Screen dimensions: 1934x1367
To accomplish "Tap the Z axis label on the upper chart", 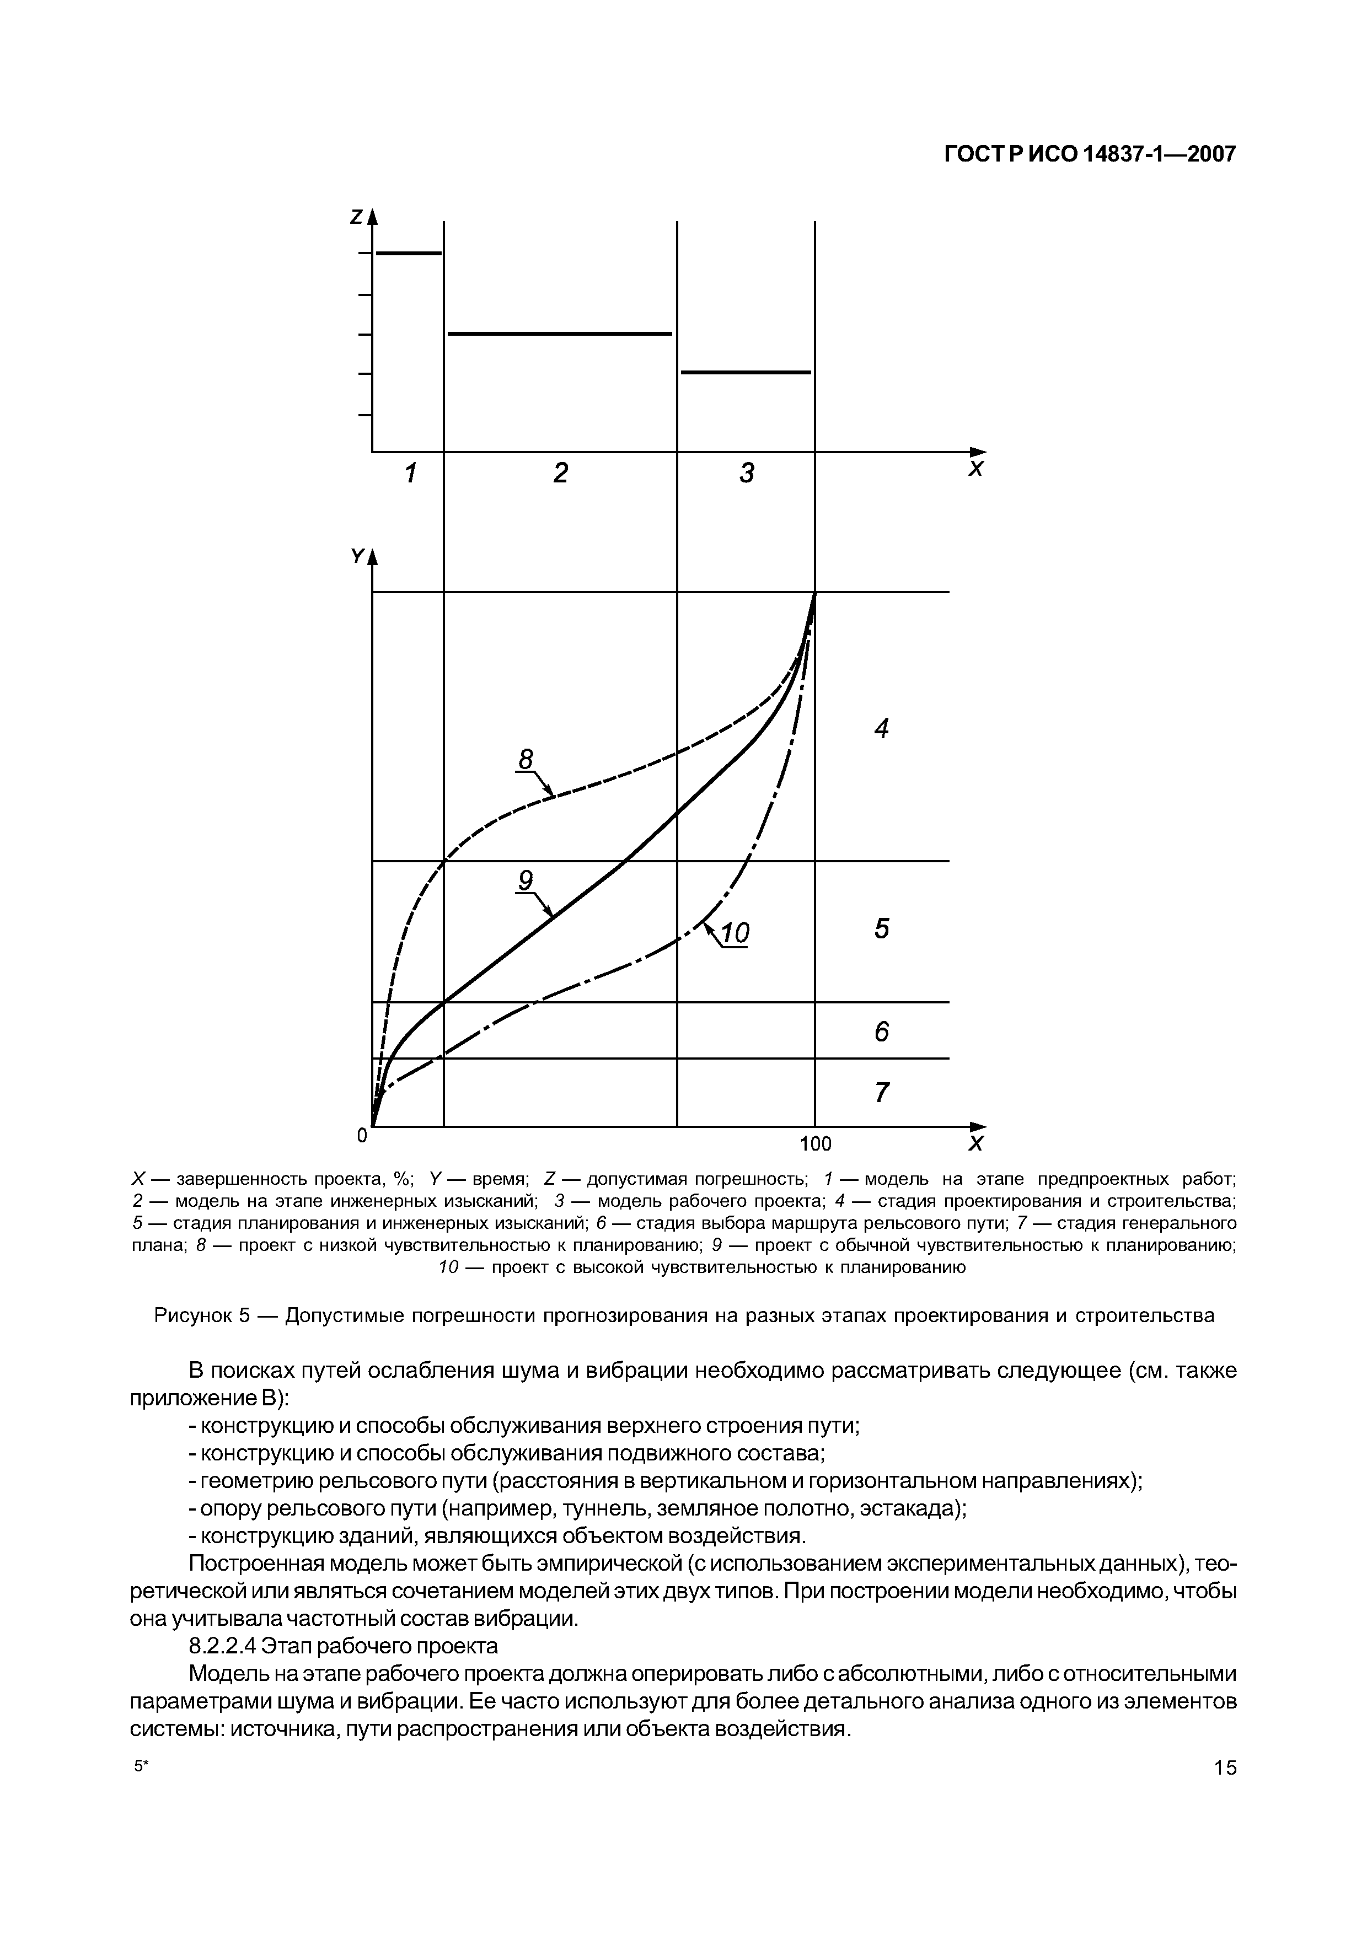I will pos(356,217).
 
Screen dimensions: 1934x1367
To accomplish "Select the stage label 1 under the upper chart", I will pos(410,474).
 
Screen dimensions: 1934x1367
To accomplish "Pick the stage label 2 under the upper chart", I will pos(561,474).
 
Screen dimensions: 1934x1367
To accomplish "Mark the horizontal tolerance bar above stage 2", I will pos(560,335).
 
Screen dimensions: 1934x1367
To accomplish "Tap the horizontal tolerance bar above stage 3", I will pos(746,372).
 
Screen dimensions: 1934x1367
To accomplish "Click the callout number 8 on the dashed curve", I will pos(526,760).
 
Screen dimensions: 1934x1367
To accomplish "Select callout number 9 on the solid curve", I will pos(526,881).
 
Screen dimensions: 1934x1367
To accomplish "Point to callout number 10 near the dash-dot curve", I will pos(735,933).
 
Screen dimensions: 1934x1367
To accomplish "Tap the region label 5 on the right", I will pos(881,929).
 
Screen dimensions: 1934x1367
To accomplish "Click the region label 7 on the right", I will pos(881,1093).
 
